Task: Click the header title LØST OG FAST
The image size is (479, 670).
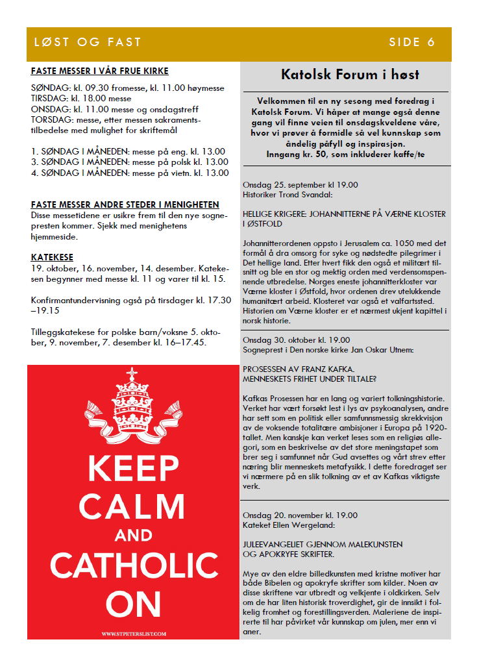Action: point(88,43)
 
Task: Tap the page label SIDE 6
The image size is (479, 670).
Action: point(412,43)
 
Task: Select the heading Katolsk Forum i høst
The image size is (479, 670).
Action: point(350,75)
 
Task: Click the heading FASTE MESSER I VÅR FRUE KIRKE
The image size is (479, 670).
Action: point(99,71)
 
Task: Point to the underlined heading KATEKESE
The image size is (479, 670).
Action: point(52,257)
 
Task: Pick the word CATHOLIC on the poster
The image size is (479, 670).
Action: point(133,565)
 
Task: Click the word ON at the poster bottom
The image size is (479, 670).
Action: point(133,603)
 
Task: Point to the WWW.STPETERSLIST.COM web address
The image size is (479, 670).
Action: point(133,633)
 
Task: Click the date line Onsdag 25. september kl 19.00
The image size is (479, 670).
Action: point(300,184)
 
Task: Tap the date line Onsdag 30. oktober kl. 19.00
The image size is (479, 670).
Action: point(296,340)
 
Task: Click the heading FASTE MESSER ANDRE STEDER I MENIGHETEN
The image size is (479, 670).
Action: point(125,205)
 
